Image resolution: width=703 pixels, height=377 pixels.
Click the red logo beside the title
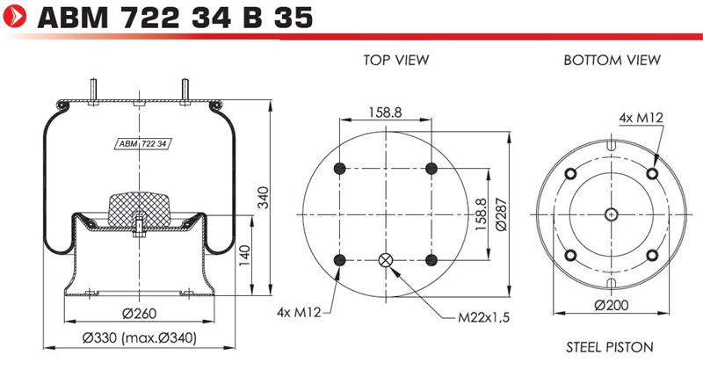pos(14,16)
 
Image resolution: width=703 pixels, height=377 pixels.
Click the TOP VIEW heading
pos(396,60)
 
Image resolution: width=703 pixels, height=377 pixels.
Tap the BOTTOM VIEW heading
pos(612,60)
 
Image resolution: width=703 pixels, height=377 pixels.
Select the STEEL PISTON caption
pos(609,347)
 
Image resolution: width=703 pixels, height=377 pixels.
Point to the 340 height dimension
pos(263,197)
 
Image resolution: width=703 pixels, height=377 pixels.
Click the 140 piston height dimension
pos(244,256)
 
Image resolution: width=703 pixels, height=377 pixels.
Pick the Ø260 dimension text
pos(140,314)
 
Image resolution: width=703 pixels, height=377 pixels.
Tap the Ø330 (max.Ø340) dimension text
pos(140,337)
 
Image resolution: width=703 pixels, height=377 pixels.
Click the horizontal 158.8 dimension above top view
pos(385,112)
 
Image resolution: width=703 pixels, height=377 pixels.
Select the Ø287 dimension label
pos(501,214)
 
